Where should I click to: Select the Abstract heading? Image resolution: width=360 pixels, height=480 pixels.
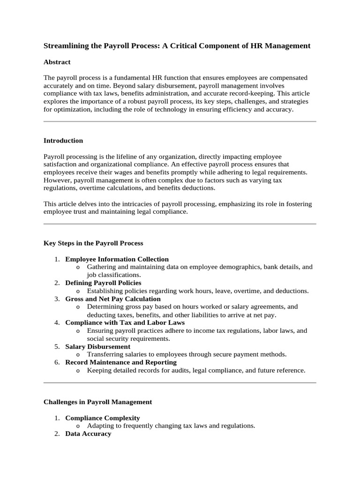click(57, 62)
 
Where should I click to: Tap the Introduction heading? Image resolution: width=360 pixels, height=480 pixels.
click(63, 141)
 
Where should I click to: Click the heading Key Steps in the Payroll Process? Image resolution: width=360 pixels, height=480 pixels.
click(93, 243)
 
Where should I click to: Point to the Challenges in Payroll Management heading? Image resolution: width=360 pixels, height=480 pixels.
click(97, 402)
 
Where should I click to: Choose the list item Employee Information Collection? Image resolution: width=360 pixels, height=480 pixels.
click(117, 259)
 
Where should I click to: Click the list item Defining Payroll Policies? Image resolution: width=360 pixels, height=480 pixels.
click(103, 283)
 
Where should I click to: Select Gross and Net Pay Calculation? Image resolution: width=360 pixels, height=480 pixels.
click(112, 299)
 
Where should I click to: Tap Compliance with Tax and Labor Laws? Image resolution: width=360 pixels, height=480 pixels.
click(125, 322)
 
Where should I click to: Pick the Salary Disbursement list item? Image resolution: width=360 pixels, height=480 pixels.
click(97, 346)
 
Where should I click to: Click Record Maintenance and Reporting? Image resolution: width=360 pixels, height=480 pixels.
click(121, 362)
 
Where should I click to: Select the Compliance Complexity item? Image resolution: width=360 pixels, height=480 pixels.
click(102, 418)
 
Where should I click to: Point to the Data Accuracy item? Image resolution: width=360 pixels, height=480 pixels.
click(88, 434)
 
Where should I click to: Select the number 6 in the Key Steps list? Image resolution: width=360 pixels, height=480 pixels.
click(56, 362)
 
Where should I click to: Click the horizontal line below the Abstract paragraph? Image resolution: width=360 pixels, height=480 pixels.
click(180, 121)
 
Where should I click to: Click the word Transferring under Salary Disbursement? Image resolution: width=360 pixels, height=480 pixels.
click(104, 354)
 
